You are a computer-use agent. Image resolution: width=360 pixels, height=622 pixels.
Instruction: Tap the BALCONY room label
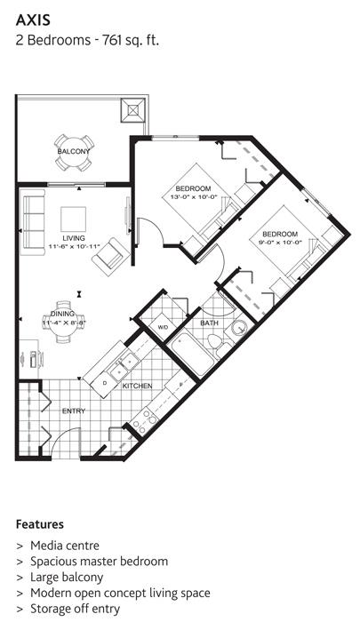coord(73,152)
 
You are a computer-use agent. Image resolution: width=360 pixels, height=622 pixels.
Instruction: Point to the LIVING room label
coord(73,237)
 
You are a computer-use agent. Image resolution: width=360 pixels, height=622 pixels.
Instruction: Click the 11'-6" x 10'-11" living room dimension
coord(73,245)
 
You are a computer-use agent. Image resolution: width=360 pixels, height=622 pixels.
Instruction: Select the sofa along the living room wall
coord(32,223)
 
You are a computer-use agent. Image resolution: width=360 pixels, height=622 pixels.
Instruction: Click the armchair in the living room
coord(111,258)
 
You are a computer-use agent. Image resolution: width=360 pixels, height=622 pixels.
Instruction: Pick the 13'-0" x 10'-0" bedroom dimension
coord(193,196)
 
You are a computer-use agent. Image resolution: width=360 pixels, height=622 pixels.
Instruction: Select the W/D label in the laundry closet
coord(162,328)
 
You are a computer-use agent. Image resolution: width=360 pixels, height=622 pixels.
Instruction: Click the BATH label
coord(209,324)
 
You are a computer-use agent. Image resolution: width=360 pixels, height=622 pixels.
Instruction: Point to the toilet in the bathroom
coord(238,331)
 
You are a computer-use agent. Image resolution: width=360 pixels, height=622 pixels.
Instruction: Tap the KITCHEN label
coord(137,386)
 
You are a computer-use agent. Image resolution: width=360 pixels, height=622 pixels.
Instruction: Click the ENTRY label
coord(73,411)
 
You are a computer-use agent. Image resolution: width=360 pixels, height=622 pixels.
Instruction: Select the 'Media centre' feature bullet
coord(64,545)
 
